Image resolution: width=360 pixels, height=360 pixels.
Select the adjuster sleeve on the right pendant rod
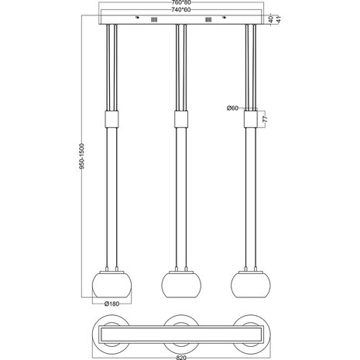[x=250, y=119]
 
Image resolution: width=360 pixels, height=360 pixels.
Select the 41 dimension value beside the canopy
[x=276, y=19]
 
